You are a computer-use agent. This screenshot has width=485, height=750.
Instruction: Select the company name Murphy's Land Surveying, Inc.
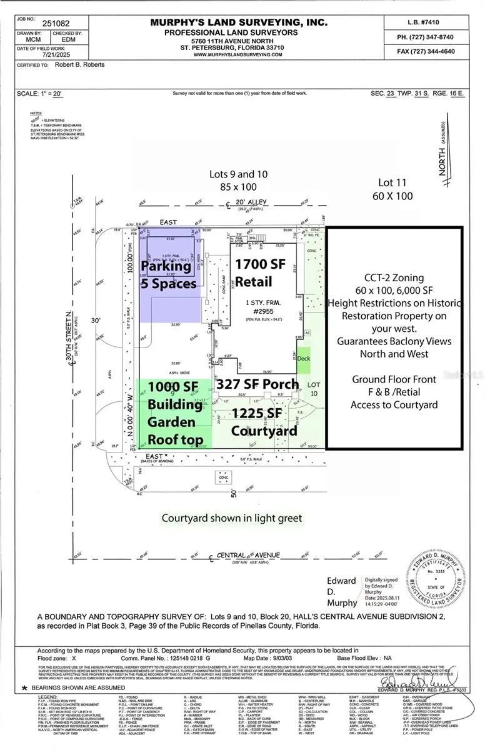[x=239, y=22]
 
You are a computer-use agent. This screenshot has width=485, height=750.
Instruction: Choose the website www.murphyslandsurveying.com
[x=238, y=54]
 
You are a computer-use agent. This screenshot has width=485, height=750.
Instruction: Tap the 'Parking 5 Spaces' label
[x=169, y=274]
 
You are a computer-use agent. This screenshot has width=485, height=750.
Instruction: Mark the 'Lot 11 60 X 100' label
[x=396, y=189]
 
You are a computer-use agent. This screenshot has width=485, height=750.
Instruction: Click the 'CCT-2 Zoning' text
[x=394, y=277]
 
